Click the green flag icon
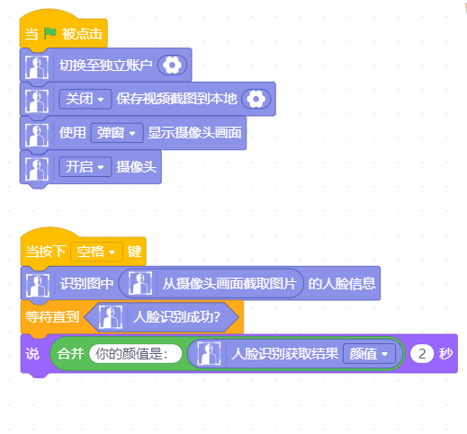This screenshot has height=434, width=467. [50, 33]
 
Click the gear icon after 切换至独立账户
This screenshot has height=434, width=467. [172, 65]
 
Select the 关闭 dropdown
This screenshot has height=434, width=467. [85, 99]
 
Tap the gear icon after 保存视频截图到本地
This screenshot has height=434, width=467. [256, 99]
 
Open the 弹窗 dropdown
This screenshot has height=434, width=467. [117, 133]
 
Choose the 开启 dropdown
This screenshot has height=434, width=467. [85, 166]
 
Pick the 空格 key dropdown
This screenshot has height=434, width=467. [96, 252]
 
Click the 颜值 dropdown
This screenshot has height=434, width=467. [369, 354]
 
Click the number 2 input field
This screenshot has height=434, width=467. [422, 354]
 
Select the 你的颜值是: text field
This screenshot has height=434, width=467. [135, 354]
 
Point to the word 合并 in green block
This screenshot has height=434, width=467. [70, 354]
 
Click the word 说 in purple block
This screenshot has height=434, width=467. [32, 354]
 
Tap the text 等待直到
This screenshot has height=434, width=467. [52, 317]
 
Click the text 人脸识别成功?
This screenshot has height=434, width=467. [177, 317]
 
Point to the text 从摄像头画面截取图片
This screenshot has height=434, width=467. [229, 283]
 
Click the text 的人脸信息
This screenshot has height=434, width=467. [342, 283]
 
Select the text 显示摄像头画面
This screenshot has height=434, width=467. [194, 133]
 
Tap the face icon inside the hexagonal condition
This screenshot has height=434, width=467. [111, 317]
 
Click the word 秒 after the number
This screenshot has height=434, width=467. [445, 354]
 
